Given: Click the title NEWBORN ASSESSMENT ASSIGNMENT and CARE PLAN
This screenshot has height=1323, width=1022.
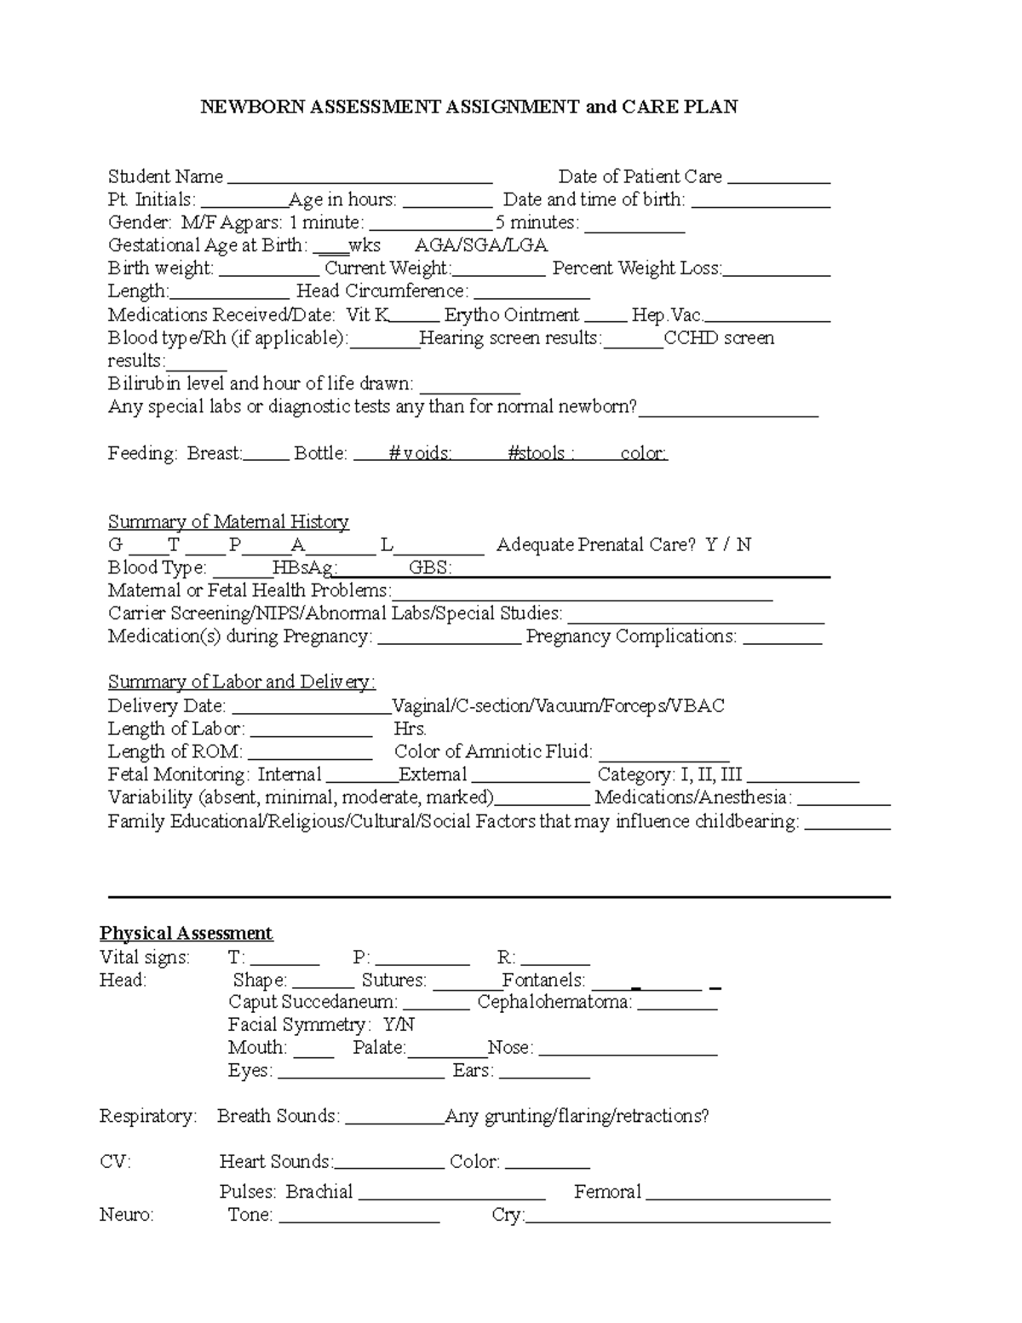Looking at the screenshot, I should click(x=468, y=106).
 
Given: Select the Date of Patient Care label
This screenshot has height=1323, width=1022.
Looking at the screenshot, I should click(x=640, y=176).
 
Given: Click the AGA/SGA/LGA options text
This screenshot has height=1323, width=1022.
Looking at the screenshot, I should click(x=480, y=245).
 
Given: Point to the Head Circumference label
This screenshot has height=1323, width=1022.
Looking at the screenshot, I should click(x=382, y=291).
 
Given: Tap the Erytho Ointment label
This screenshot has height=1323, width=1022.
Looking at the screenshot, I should click(x=511, y=314).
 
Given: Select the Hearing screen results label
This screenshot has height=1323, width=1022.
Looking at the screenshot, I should click(x=510, y=337).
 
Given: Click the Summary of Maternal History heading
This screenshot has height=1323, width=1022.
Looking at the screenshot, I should click(x=228, y=521).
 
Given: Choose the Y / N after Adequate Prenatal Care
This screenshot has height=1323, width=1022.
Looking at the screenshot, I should click(x=728, y=544).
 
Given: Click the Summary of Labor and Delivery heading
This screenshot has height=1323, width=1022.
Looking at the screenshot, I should click(x=241, y=682).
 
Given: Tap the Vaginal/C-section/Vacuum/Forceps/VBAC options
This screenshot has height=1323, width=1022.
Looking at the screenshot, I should click(x=558, y=705).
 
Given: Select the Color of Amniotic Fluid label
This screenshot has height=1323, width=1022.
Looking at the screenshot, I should click(x=493, y=751).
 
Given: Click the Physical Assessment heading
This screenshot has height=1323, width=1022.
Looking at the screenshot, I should click(x=186, y=933).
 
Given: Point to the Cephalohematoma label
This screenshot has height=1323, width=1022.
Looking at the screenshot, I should click(x=554, y=1002).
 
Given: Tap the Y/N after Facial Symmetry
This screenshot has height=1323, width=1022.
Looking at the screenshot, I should click(x=399, y=1025).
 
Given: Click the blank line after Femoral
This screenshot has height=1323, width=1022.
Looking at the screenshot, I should click(x=738, y=1197).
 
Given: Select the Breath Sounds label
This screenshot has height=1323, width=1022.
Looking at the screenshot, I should click(x=278, y=1116).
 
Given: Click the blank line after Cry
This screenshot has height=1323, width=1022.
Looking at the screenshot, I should click(x=678, y=1220).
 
